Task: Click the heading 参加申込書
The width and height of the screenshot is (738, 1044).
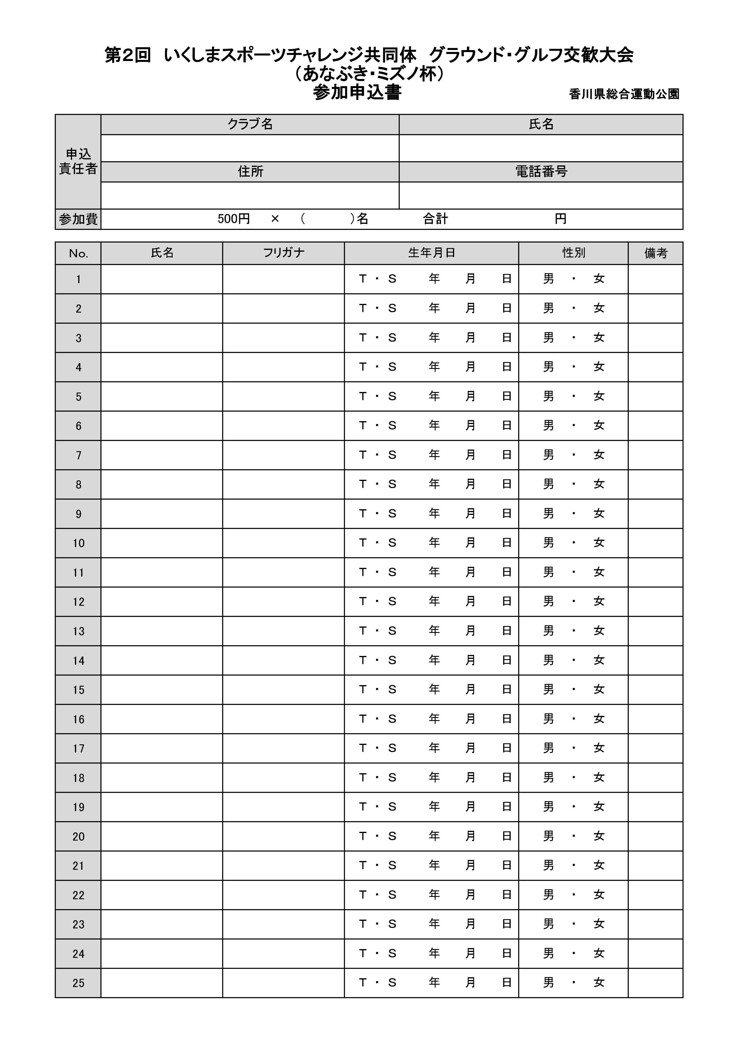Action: coord(357,93)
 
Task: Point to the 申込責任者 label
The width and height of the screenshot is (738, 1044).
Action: coord(78,161)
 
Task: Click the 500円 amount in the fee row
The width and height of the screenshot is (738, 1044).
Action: coord(234,219)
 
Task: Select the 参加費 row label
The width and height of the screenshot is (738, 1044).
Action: coord(78,219)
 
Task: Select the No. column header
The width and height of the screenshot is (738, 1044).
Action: coord(78,253)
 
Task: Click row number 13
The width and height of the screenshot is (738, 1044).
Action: coord(78,631)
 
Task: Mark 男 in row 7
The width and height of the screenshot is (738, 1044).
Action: coord(548,455)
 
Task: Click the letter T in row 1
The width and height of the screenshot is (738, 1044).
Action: coord(362,279)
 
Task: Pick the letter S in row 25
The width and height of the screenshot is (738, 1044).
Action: coord(392,983)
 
